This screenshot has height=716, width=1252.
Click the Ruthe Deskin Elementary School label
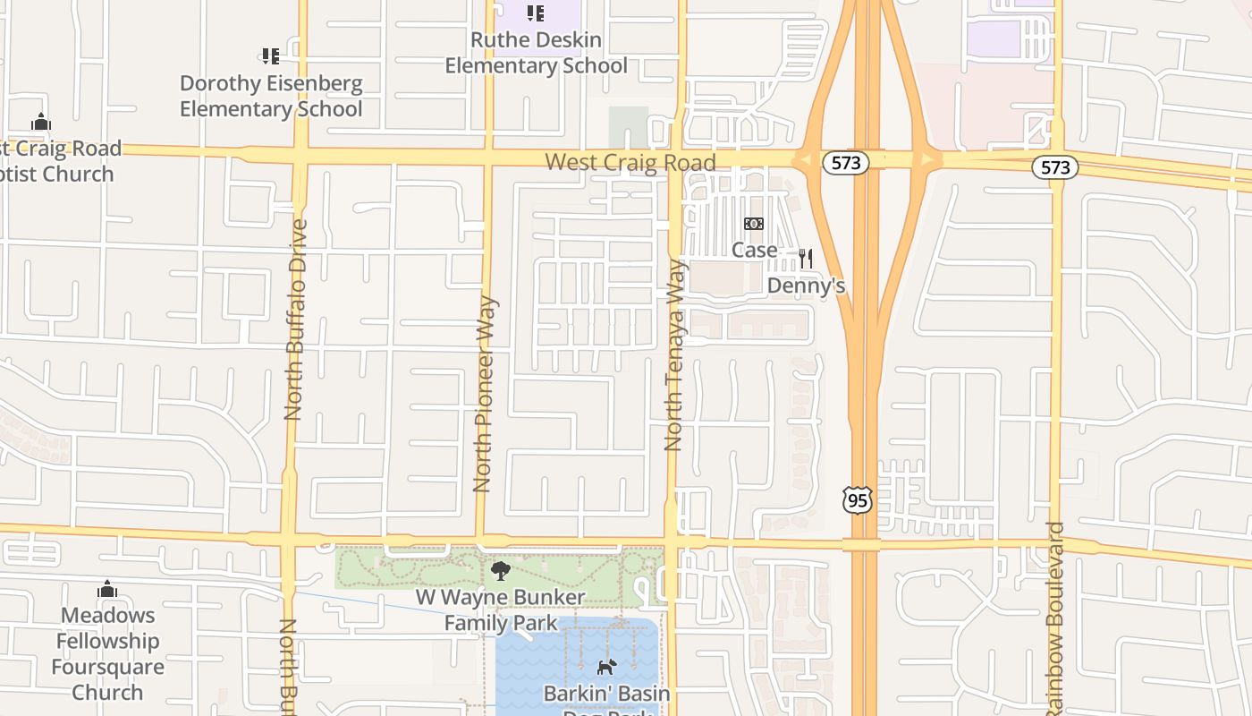coord(536,53)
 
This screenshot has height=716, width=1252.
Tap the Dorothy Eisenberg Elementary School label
coord(271,97)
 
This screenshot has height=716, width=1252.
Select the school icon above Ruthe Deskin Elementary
coord(535,13)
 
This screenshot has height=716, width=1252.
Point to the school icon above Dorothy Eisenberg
coord(270,57)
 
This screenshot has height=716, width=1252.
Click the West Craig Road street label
coord(630,163)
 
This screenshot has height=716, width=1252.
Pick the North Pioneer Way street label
coord(484,394)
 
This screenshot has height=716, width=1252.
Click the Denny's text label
coord(806,286)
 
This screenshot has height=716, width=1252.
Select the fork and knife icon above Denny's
coord(806,259)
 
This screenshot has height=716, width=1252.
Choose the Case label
coord(754,250)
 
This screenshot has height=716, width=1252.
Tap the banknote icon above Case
coord(754,224)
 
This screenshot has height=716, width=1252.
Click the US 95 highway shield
coord(857,500)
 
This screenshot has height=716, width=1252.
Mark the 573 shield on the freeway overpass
coord(845,163)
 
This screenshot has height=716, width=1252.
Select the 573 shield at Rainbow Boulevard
coord(1055,167)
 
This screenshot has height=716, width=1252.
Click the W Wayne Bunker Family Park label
coord(501,610)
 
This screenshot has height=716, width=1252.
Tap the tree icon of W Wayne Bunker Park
coord(501,571)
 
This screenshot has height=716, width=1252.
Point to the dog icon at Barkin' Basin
coord(606,667)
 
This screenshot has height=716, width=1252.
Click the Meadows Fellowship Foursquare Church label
coord(107,653)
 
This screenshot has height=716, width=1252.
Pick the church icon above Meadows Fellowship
coord(107,589)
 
